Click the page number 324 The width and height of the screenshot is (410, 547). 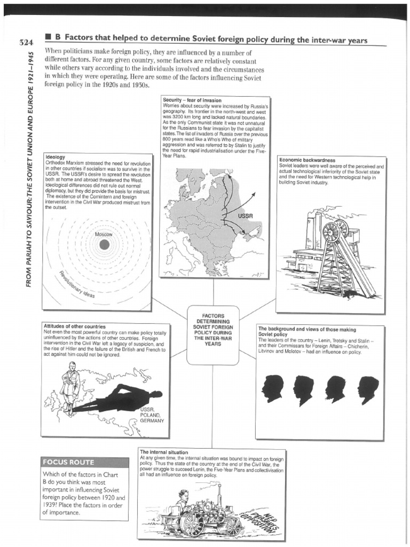tap(25, 42)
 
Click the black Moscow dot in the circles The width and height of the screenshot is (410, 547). tap(104, 245)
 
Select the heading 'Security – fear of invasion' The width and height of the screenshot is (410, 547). tap(192, 100)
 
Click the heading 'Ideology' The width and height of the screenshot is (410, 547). tap(56, 157)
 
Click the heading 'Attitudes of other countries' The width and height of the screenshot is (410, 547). tap(74, 326)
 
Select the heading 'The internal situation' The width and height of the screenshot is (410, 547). tap(164, 452)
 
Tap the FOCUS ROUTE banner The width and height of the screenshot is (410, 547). tap(68, 462)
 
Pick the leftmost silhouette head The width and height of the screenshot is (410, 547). tap(272, 388)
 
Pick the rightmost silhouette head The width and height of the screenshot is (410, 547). tap(368, 388)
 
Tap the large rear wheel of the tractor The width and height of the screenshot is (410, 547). tap(193, 523)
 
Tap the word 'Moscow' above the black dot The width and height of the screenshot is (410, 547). tap(104, 235)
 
